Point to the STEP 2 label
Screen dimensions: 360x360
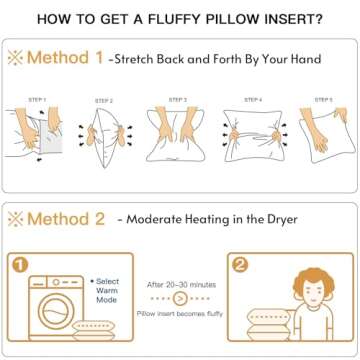104,101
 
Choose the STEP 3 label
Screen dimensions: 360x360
178,100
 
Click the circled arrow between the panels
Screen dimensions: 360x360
180,297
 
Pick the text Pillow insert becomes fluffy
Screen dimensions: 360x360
180,312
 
